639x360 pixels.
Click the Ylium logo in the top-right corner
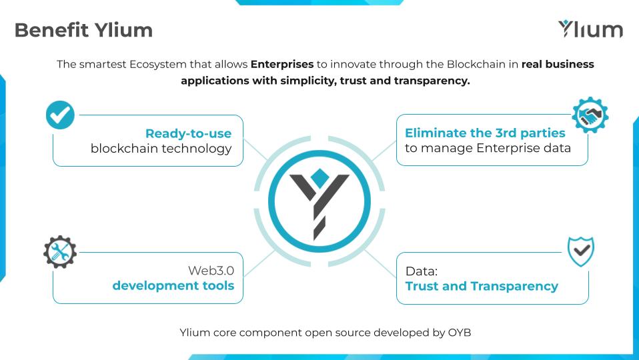(590, 29)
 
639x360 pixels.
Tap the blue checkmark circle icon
(60, 115)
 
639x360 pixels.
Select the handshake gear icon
(590, 115)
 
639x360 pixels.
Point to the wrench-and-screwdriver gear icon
(60, 252)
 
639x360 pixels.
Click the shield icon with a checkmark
(581, 252)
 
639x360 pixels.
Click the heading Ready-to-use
(188, 133)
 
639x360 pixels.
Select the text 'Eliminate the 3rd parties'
(485, 133)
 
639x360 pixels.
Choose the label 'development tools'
(173, 286)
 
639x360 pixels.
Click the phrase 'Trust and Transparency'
(482, 286)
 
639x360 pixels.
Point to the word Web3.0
(211, 271)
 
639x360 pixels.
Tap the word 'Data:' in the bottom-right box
(422, 271)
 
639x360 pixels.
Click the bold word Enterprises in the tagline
(282, 65)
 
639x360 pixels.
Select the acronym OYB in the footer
(460, 332)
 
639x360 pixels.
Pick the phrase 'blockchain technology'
(161, 149)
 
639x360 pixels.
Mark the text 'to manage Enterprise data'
(488, 148)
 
